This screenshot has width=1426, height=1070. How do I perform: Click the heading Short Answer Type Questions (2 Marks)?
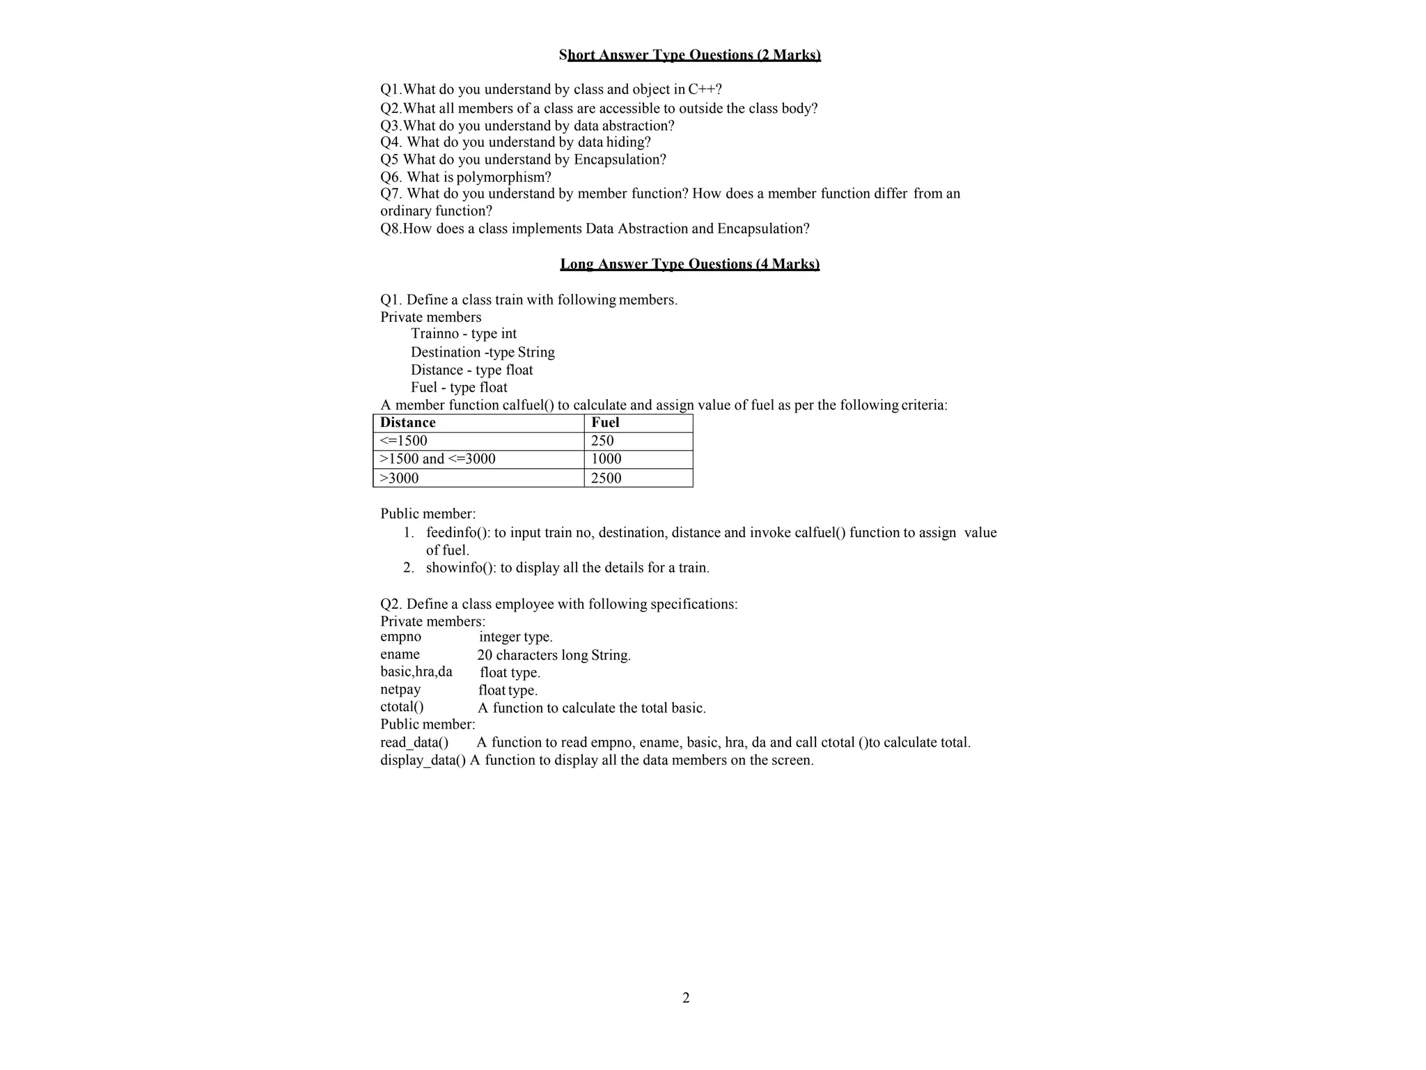tap(689, 55)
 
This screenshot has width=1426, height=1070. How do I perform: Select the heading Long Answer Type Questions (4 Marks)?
tap(689, 264)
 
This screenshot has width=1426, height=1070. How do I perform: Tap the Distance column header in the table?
tap(408, 423)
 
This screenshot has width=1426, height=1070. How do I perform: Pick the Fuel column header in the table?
tap(605, 423)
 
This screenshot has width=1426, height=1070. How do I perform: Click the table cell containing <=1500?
tap(404, 441)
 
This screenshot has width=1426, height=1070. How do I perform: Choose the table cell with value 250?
tap(602, 441)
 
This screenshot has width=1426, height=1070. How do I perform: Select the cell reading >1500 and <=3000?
tap(438, 459)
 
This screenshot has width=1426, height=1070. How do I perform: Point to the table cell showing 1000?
tap(606, 459)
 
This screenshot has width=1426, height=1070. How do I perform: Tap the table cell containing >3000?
tap(400, 478)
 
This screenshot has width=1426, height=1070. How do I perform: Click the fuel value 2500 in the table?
tap(606, 478)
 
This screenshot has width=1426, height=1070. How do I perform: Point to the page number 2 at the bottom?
tap(686, 998)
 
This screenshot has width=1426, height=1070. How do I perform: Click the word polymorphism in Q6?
tap(503, 178)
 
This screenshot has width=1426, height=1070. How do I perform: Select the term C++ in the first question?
tap(704, 89)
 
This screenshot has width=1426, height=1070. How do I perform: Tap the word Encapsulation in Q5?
tap(620, 160)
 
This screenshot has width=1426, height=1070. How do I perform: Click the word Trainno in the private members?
tap(434, 334)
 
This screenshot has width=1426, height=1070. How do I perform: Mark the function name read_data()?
tap(414, 743)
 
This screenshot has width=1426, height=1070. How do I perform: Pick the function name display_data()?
tap(423, 760)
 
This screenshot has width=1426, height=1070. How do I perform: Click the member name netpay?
tap(400, 690)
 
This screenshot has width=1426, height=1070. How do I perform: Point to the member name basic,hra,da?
tap(416, 672)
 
